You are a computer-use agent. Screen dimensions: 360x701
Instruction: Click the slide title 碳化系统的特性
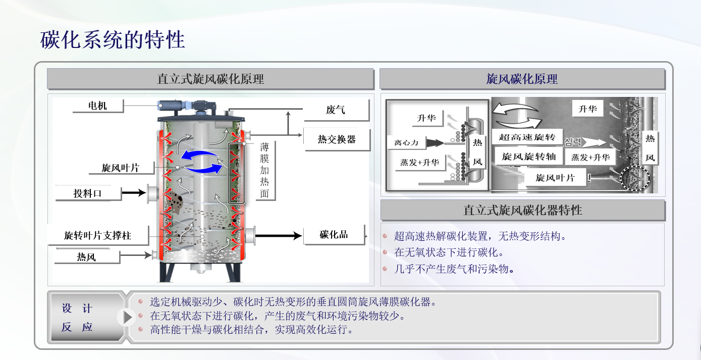pos(113,40)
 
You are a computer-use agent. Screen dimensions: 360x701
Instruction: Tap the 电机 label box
pos(97,106)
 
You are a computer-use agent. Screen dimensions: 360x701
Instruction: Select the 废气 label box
pos(336,110)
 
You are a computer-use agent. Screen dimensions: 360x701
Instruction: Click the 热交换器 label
pos(337,139)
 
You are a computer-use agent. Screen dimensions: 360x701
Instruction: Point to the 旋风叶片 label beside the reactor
pos(120,168)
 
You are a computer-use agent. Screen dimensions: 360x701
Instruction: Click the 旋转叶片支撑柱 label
pos(97,235)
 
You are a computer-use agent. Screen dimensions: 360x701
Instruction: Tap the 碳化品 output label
pos(334,235)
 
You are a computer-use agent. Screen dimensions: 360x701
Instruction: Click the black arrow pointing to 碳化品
pos(278,235)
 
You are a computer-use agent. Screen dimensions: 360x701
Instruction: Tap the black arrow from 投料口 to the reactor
pos(133,192)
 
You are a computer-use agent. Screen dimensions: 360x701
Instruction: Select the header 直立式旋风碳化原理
pos(210,79)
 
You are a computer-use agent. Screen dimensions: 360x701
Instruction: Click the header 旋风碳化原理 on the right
pos(522,79)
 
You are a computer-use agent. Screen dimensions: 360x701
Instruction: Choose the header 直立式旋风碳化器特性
pos(522,210)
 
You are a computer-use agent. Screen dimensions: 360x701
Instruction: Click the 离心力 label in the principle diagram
pos(406,143)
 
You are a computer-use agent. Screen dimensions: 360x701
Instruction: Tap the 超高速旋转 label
pos(527,137)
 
